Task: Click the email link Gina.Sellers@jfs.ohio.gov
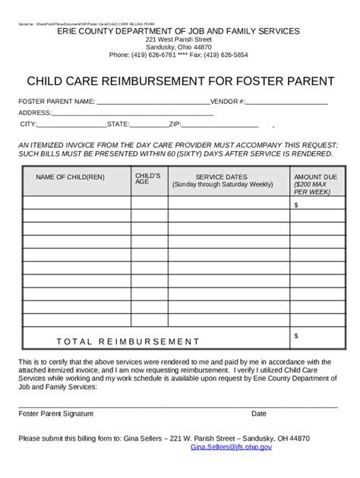[x=231, y=448]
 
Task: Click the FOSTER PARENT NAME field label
[x=57, y=101]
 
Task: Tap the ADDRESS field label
[x=35, y=113]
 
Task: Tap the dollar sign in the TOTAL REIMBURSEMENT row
[x=296, y=335]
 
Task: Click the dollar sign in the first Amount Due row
[x=296, y=203]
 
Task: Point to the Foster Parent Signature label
[x=55, y=414]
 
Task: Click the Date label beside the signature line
[x=259, y=414]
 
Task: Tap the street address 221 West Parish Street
[x=179, y=38]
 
